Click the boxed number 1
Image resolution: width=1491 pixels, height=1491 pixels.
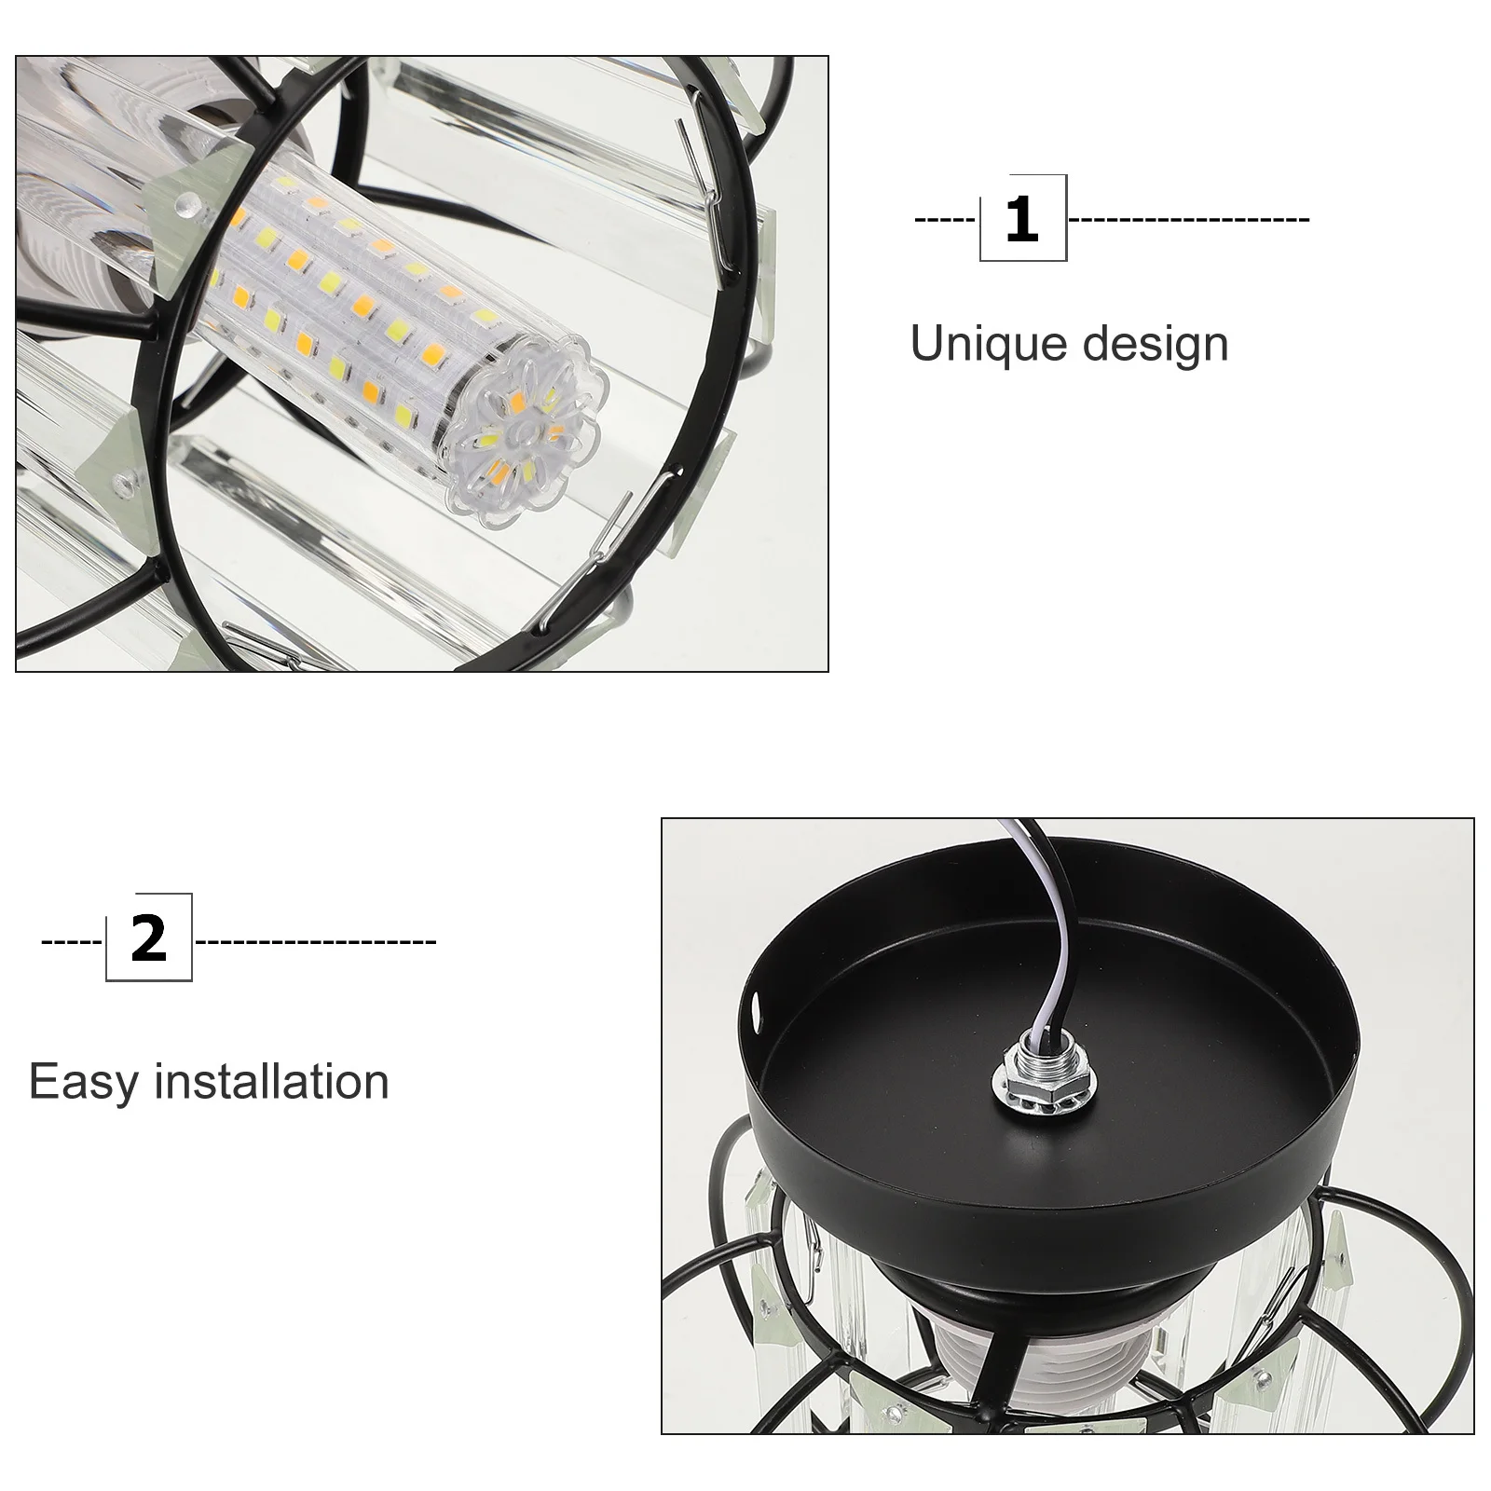tap(1022, 219)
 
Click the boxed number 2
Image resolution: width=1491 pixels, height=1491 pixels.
tap(149, 938)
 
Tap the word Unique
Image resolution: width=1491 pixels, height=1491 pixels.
tap(988, 345)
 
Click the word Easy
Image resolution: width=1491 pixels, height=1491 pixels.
tap(83, 1083)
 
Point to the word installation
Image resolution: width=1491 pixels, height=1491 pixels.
tap(271, 1081)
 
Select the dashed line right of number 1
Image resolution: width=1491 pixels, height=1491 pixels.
tap(1189, 220)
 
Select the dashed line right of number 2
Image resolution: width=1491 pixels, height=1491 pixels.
tap(315, 940)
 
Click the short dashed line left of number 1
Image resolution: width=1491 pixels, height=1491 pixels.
tap(945, 220)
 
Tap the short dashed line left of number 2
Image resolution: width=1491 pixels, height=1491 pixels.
tap(72, 940)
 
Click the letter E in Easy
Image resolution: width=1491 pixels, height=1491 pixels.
tap(42, 1082)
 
